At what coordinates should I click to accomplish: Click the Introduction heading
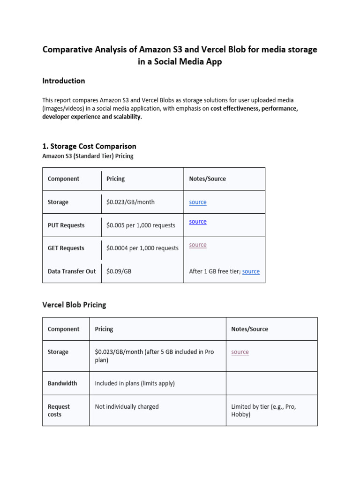coord(64,81)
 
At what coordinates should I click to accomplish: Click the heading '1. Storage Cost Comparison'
coord(89,146)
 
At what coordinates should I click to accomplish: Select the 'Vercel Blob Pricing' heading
coord(74,305)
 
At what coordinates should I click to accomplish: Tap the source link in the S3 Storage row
coord(197,202)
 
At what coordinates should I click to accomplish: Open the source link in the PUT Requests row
coord(197,222)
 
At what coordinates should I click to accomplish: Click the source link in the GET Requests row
coord(197,245)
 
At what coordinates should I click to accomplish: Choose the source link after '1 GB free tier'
coord(251,271)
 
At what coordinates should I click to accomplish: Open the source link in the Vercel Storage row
coord(240,352)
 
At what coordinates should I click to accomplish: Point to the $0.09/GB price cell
coord(119,271)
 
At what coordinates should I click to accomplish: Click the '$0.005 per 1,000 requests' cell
coord(141,225)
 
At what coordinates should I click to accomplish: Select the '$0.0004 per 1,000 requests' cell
coord(142,248)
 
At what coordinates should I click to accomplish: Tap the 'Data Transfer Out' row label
coord(71,271)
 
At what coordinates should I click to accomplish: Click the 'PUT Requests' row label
coord(66,225)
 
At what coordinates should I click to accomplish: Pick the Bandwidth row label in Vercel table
coord(62,383)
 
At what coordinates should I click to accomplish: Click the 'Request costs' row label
coord(59,411)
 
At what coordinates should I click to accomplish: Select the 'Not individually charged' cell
coord(127,407)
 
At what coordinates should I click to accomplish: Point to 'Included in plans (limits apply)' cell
coord(135,383)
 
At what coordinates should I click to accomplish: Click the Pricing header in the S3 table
coord(115,179)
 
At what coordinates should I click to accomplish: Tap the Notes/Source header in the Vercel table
coord(249,329)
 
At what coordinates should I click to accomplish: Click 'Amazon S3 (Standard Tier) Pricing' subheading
coord(88,156)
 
